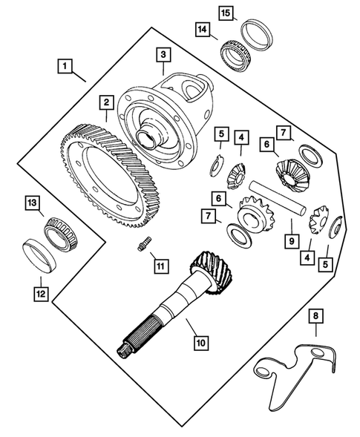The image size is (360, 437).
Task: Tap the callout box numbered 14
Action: coord(203,30)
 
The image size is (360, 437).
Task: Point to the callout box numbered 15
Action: coord(226,12)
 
